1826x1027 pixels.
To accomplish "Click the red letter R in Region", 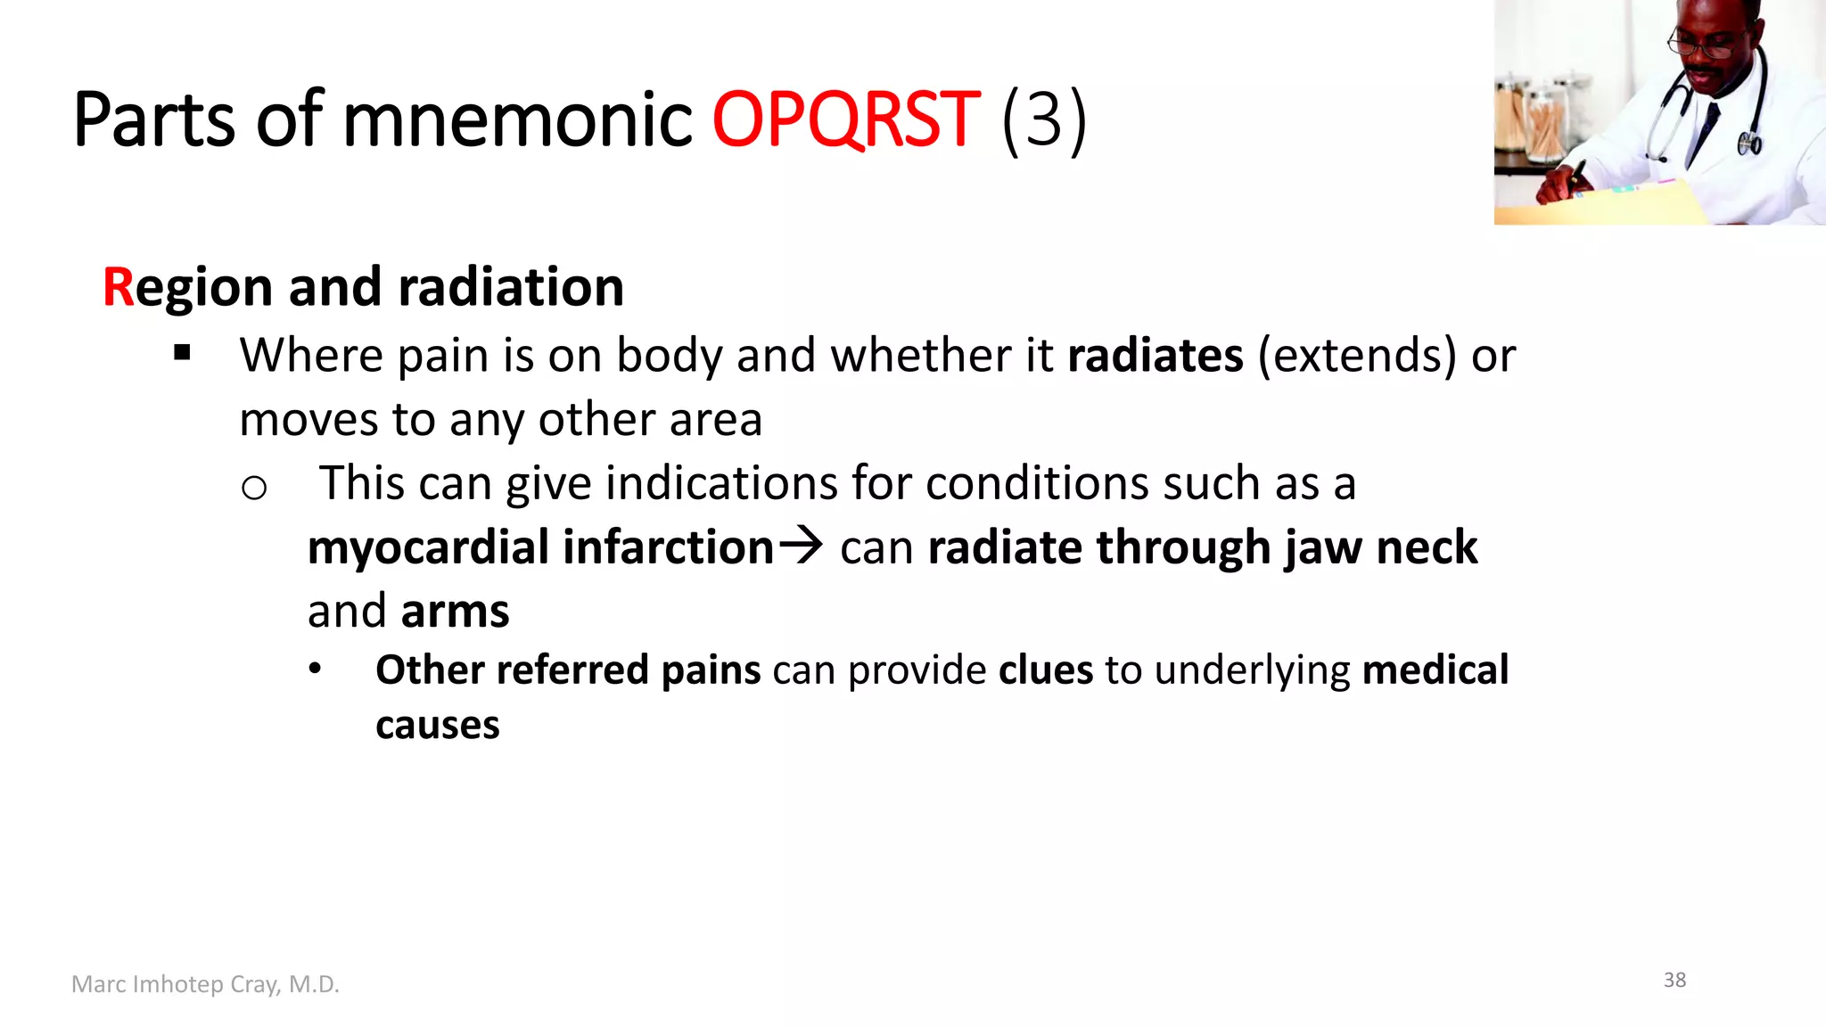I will tap(118, 287).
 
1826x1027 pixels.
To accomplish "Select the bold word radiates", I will tap(1155, 355).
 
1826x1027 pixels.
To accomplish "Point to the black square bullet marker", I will tap(183, 353).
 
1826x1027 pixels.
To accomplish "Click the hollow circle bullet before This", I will tap(254, 488).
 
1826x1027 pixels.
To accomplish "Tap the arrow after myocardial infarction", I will tap(800, 545).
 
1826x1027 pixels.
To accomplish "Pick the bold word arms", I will tap(455, 612).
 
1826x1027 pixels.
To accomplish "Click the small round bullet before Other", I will tap(315, 669).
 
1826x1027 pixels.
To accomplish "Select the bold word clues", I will tap(1045, 670).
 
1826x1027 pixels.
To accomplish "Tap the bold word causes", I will tap(437, 725).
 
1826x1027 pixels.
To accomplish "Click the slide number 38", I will tap(1674, 980).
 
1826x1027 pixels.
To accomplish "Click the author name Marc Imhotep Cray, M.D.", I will tap(205, 984).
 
